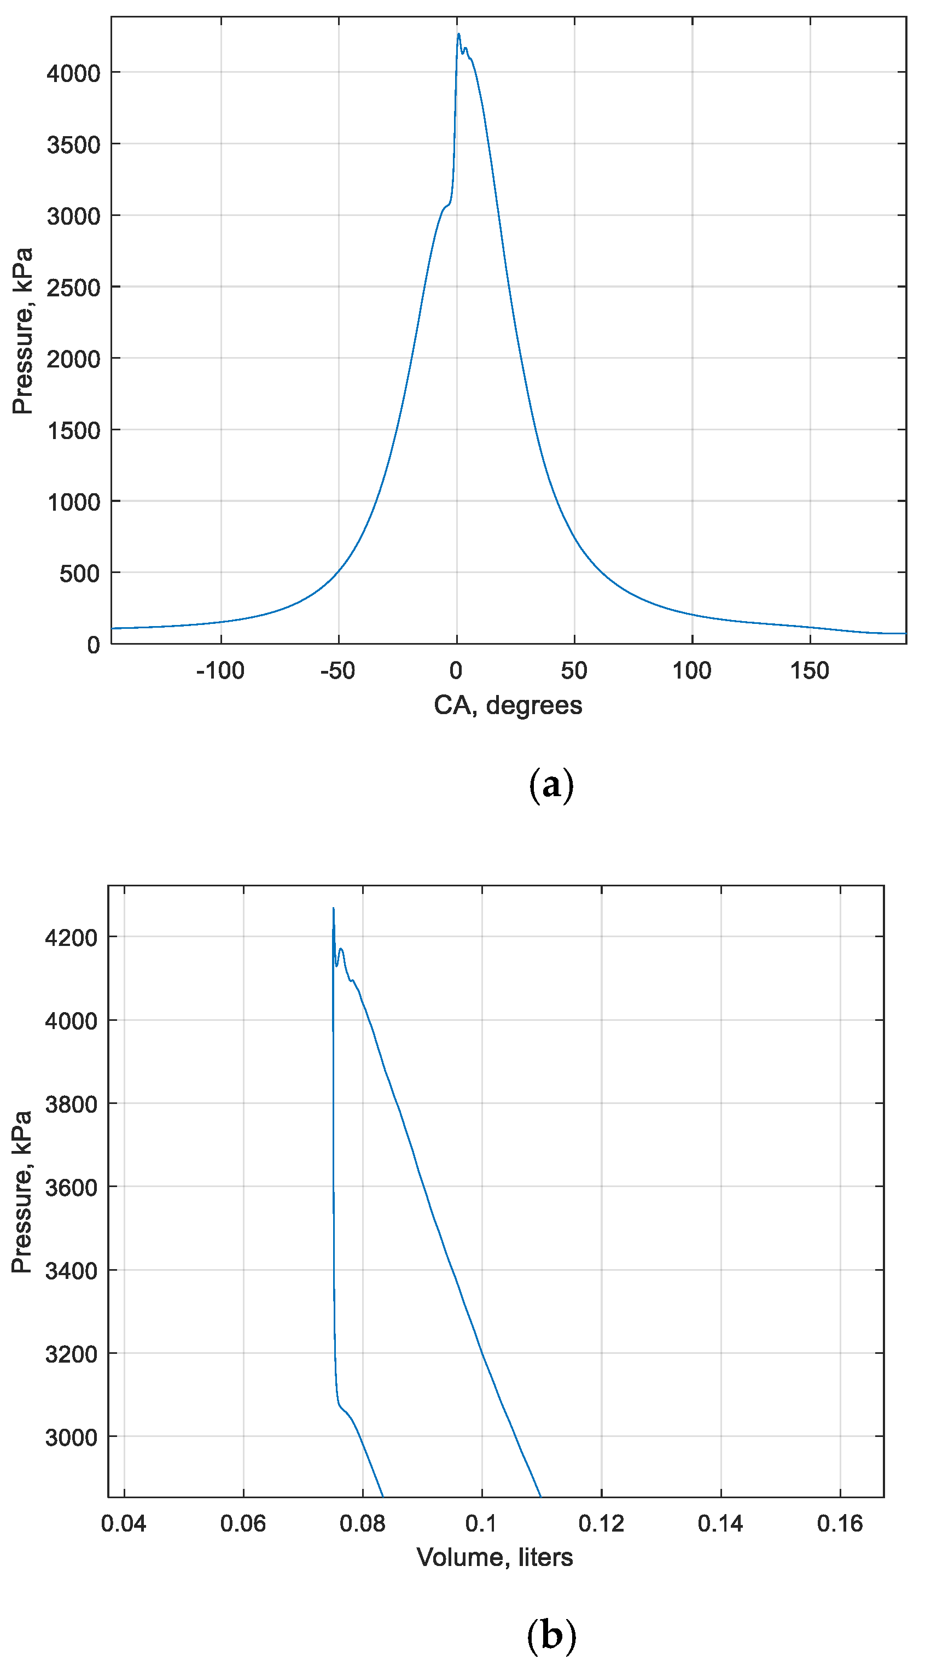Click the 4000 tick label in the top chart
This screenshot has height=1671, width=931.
73,73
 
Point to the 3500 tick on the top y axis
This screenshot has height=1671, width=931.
73,145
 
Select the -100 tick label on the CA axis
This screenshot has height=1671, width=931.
220,671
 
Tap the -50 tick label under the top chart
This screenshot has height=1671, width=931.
338,671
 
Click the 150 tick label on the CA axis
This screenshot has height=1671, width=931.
809,671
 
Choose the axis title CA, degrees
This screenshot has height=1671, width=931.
508,705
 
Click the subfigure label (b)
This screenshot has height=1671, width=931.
551,1635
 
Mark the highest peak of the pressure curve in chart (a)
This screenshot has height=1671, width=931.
459,34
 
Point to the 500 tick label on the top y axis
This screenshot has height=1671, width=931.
79,574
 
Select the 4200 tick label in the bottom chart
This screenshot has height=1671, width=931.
71,937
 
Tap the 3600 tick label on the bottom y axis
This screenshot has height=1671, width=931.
71,1188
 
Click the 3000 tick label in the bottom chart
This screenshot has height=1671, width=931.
71,1438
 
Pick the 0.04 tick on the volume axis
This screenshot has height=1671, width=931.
124,1524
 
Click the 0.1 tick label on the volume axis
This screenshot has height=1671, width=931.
481,1524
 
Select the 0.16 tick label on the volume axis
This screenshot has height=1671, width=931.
840,1524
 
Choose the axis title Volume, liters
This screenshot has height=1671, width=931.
494,1557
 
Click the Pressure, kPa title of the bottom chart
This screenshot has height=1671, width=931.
21,1191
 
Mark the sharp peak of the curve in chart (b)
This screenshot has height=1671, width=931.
334,909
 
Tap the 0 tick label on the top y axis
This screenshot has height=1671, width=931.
94,645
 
